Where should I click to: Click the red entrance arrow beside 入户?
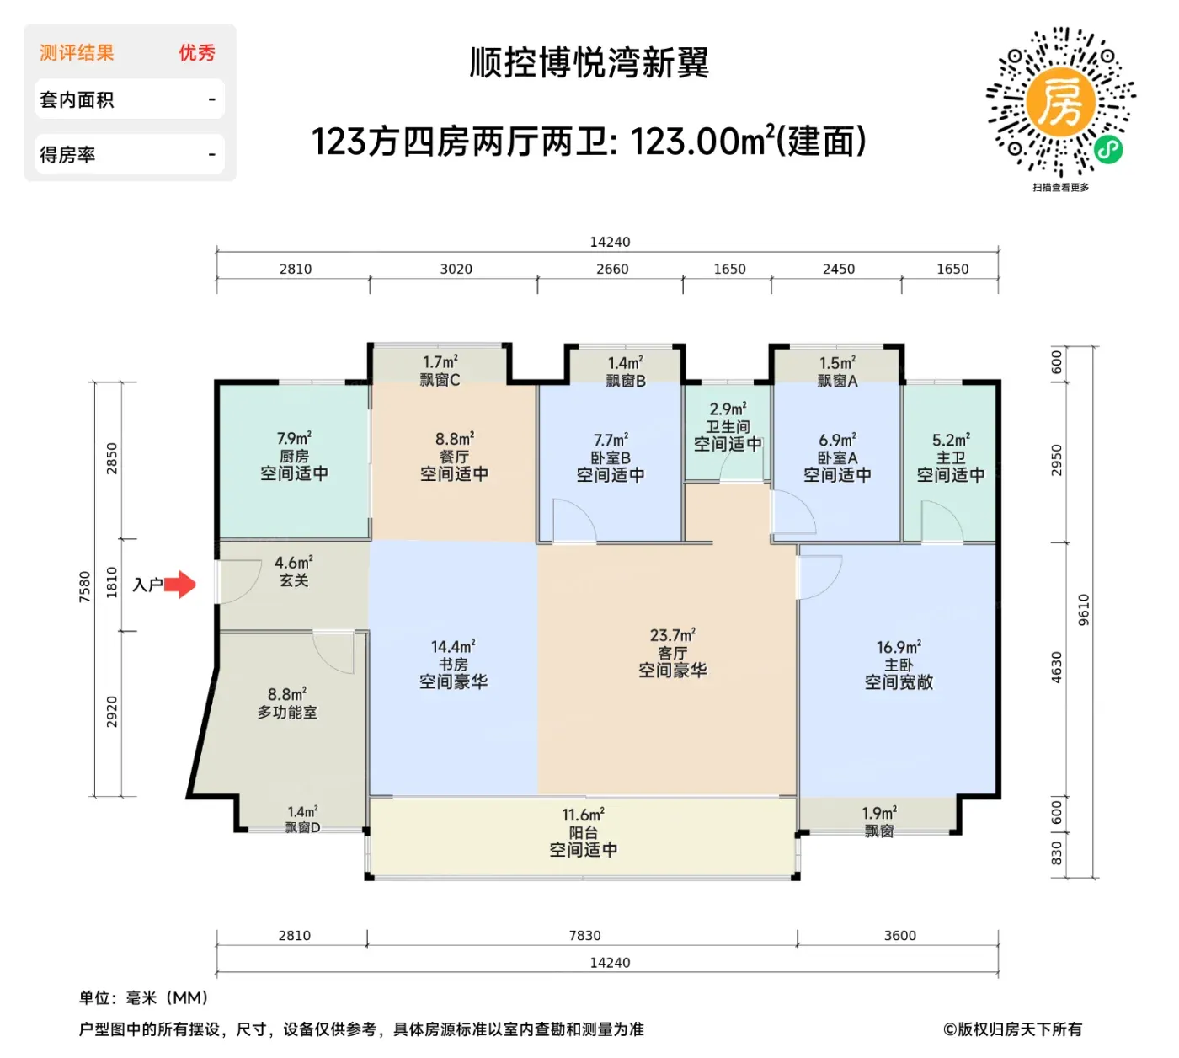click(x=180, y=584)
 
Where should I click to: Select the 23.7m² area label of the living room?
click(x=673, y=634)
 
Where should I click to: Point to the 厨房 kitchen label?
click(x=294, y=456)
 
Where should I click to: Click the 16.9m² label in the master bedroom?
click(x=899, y=647)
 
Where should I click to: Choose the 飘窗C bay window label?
click(x=440, y=380)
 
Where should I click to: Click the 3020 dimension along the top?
click(x=456, y=269)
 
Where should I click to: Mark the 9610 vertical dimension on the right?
click(x=1083, y=610)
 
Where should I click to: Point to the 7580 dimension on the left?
click(x=85, y=587)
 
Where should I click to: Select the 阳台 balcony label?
click(x=583, y=832)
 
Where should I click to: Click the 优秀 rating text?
click(x=197, y=53)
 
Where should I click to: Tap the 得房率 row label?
click(x=67, y=155)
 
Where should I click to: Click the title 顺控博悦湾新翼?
click(x=589, y=63)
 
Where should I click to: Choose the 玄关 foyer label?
click(x=294, y=580)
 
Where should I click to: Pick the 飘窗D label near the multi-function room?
click(x=302, y=827)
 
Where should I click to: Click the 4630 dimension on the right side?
click(x=1056, y=667)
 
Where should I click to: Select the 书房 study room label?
click(x=453, y=665)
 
